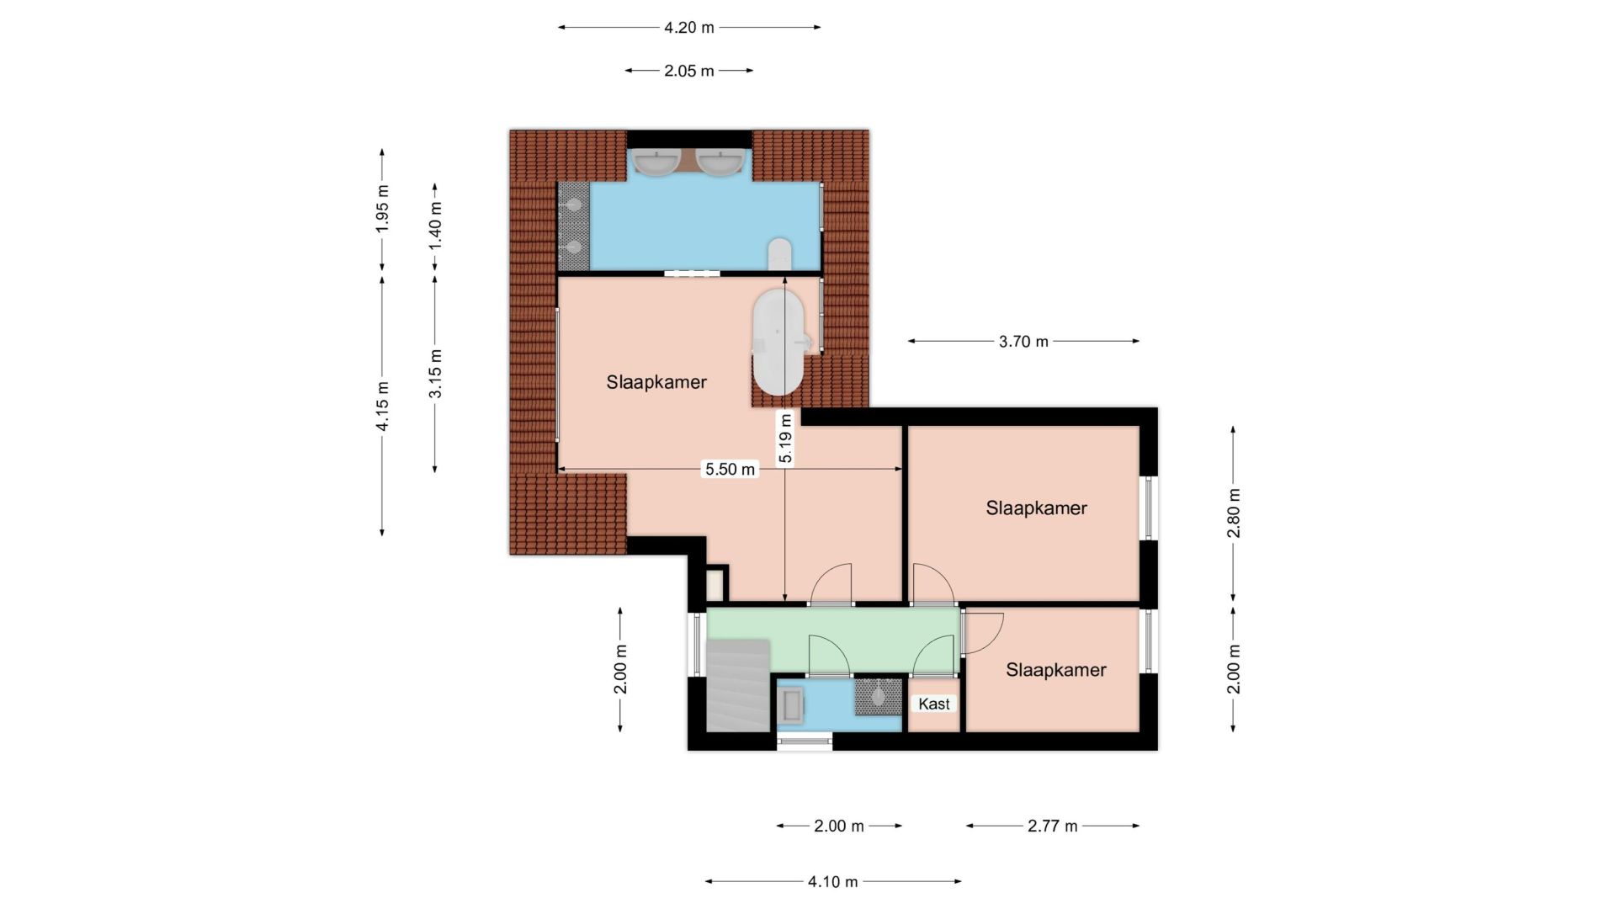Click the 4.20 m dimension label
[x=688, y=27]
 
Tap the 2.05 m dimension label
[x=688, y=71]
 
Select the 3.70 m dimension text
[x=1023, y=341]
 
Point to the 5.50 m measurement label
[x=730, y=469]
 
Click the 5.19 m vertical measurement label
[x=785, y=438]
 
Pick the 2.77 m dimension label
[x=1052, y=826]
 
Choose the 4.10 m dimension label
[x=832, y=881]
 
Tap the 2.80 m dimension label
[x=1233, y=513]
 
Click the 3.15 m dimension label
[x=435, y=373]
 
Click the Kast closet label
[x=934, y=704]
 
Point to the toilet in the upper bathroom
[x=779, y=253]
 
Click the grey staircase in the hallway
[x=738, y=685]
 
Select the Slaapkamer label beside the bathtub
[x=656, y=382]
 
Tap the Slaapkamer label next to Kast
[x=1056, y=670]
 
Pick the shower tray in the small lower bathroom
[x=878, y=697]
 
